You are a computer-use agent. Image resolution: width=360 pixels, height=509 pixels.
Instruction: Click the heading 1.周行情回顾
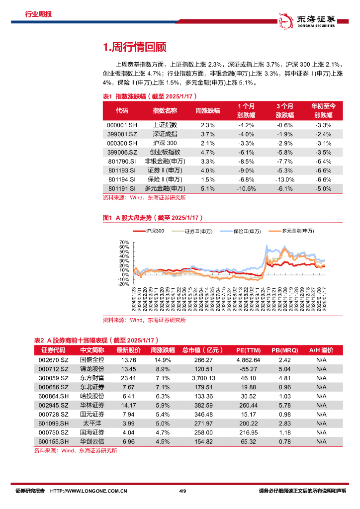coord(134,47)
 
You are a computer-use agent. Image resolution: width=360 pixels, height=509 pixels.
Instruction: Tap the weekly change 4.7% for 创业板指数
coord(208,152)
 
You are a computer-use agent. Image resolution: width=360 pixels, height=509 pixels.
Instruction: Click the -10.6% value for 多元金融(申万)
coord(247,188)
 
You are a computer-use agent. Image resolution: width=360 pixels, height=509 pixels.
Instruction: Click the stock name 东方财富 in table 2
coord(92,378)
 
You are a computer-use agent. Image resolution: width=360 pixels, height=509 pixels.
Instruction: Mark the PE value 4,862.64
coord(248,359)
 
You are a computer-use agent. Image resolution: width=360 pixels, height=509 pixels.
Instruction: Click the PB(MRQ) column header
coord(284,350)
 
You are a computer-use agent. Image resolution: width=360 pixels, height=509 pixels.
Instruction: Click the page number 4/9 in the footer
coord(182,491)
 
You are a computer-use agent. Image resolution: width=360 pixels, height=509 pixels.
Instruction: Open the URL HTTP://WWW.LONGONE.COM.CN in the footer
coord(90,491)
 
